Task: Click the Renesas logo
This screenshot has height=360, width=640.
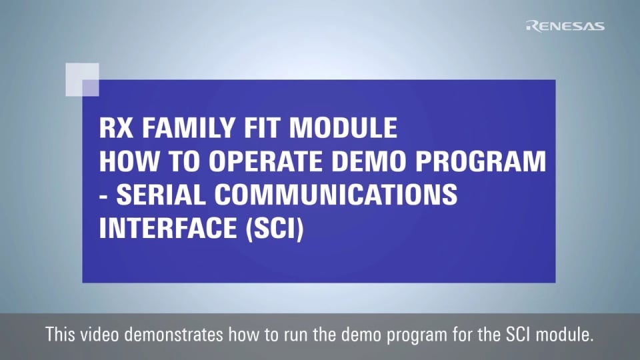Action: click(x=565, y=26)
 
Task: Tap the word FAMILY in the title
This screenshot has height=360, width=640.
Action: click(x=189, y=128)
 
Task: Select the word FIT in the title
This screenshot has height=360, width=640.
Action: click(x=263, y=128)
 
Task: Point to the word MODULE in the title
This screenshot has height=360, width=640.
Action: click(x=343, y=128)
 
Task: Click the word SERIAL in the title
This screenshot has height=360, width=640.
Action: click(x=161, y=195)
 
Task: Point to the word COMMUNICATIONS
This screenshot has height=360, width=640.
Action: click(x=336, y=195)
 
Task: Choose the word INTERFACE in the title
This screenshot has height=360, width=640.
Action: click(x=168, y=228)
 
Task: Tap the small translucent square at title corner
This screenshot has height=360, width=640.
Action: click(x=82, y=79)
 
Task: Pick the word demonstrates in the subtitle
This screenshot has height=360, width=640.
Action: click(x=174, y=335)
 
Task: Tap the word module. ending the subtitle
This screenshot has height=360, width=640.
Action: click(x=565, y=335)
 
